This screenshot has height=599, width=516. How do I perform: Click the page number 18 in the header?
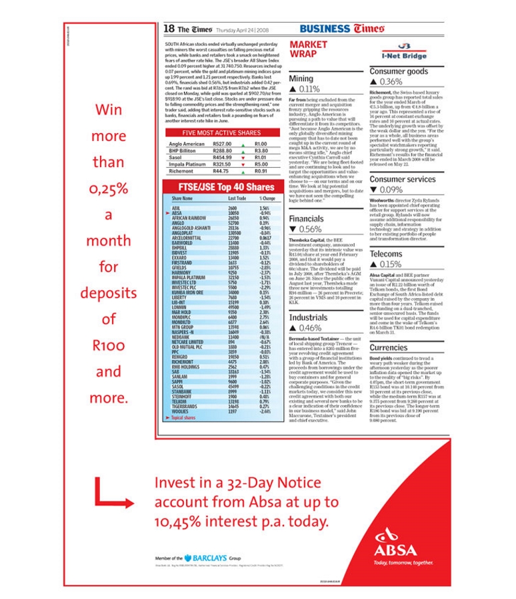169,29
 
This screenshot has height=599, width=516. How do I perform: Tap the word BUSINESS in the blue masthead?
325,29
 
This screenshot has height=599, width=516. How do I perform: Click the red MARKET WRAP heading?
309,49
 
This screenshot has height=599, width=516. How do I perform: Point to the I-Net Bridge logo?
404,53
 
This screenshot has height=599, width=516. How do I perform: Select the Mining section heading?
301,79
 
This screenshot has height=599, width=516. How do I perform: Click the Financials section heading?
307,218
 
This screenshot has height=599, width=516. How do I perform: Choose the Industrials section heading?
308,317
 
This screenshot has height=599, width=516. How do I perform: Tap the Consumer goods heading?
399,71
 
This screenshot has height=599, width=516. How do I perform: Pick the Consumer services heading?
403,179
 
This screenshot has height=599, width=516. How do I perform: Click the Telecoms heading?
387,254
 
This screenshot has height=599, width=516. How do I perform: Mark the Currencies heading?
389,347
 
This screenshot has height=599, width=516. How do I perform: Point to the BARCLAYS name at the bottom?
211,558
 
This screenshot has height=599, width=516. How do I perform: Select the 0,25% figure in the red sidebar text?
108,189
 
